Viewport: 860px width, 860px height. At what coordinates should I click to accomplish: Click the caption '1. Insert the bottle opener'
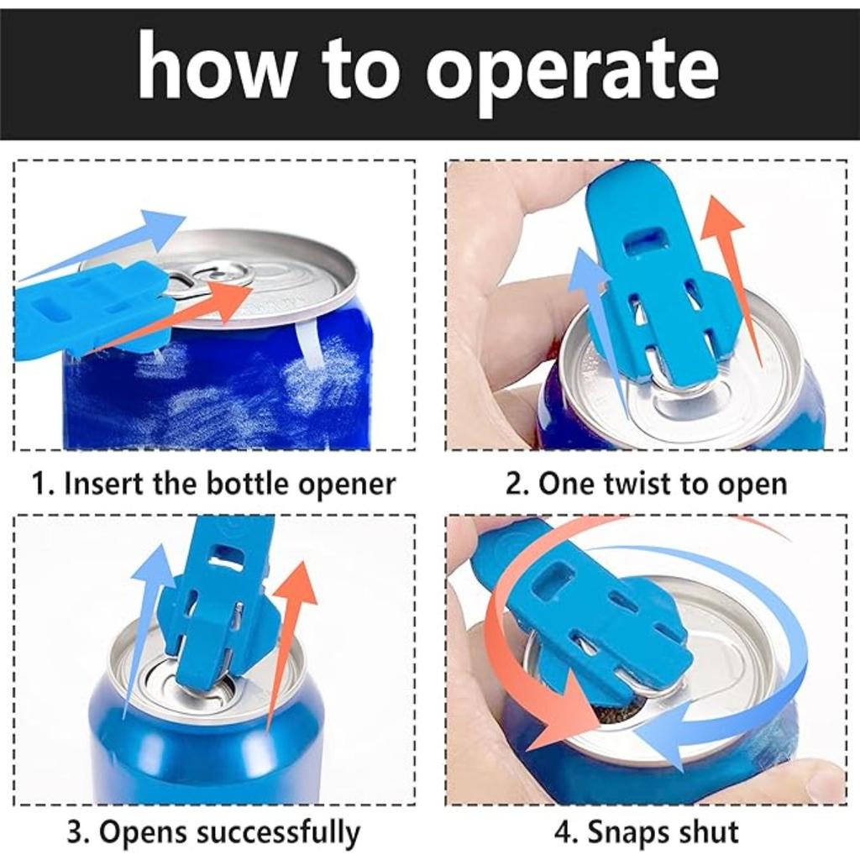click(x=213, y=485)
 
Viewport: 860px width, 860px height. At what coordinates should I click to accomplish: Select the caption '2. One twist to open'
click(x=646, y=485)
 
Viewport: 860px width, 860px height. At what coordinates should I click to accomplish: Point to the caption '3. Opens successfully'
click(x=213, y=832)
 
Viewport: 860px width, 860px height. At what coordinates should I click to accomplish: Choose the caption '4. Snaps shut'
click(x=646, y=832)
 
